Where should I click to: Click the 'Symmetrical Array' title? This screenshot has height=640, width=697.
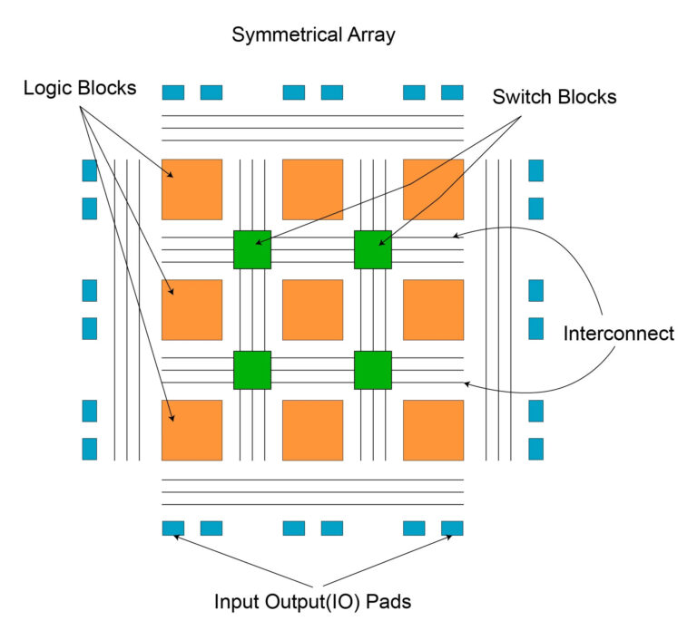[313, 35]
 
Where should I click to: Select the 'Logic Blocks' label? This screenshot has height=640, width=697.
[80, 88]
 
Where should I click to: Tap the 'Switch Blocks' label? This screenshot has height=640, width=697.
[554, 97]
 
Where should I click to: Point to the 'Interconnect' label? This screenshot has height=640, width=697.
[619, 333]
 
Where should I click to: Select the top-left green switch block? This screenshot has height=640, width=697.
[252, 249]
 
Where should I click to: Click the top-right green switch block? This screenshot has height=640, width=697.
[372, 249]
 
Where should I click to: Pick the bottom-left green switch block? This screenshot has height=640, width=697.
[252, 370]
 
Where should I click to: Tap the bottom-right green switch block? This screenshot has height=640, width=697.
[372, 370]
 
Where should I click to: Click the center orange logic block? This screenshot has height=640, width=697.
[312, 309]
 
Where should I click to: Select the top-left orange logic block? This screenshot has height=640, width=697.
[191, 189]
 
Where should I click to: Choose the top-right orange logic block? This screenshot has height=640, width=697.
[433, 189]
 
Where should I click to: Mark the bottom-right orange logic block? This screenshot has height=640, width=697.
[433, 430]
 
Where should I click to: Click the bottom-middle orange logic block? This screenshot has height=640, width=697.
[312, 430]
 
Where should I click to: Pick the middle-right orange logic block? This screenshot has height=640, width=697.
[433, 309]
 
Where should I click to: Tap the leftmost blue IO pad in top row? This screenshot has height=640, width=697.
[172, 92]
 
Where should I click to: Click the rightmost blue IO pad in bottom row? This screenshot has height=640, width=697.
[452, 528]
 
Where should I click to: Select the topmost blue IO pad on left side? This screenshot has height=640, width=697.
[89, 170]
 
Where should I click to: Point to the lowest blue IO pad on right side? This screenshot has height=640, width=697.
[535, 449]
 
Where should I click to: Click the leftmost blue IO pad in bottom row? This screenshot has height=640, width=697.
[172, 528]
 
